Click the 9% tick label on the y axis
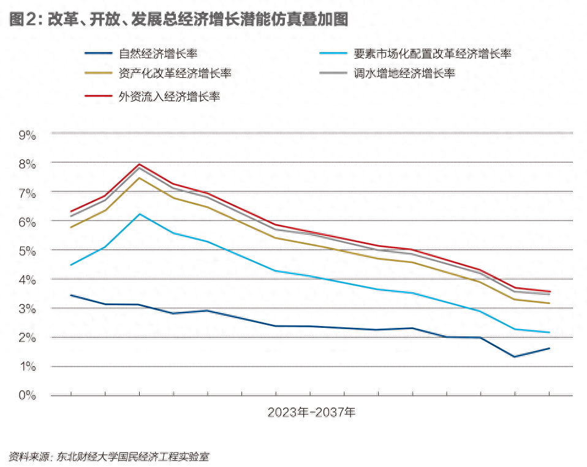point(28,135)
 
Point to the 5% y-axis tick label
point(28,251)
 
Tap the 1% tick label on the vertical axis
point(28,366)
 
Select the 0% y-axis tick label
point(28,395)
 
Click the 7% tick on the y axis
point(28,193)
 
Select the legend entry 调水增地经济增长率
point(404,74)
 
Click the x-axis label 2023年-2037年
point(311,412)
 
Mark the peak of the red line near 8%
point(140,164)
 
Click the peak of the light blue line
point(140,214)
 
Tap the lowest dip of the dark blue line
point(515,357)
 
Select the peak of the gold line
point(140,178)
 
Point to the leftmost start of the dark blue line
point(71,295)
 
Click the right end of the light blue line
point(549,332)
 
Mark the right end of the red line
point(549,291)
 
